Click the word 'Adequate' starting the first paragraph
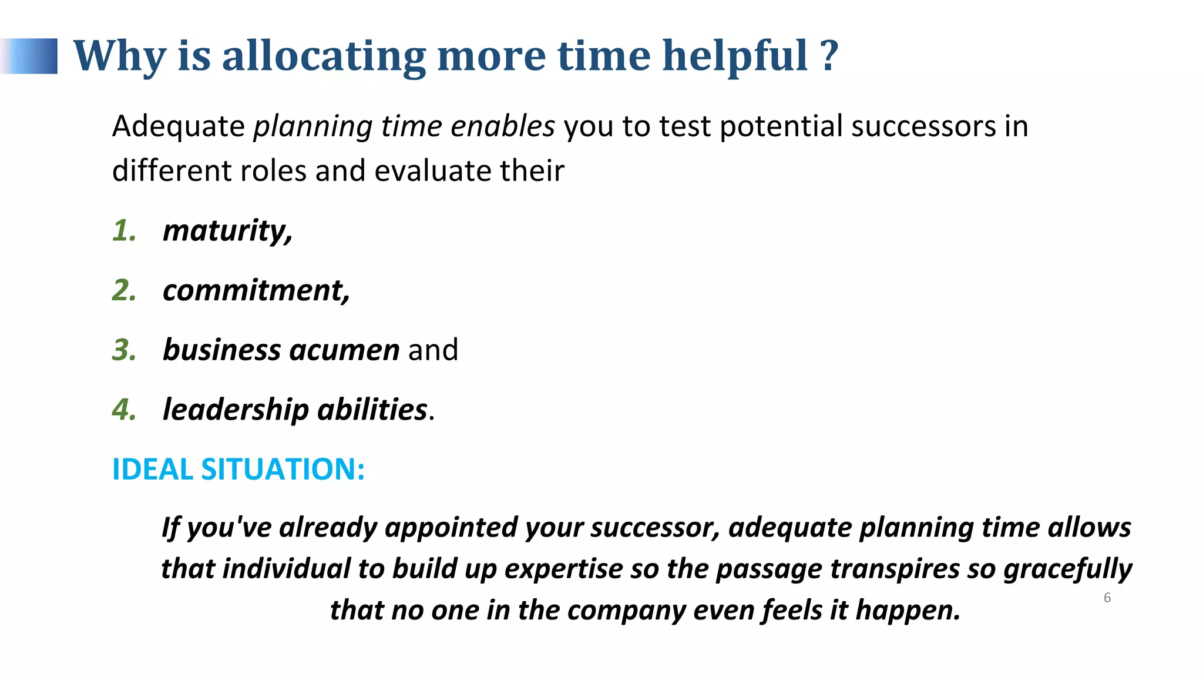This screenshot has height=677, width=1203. (178, 126)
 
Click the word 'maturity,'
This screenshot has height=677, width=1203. (227, 231)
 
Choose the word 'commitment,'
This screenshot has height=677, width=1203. (256, 290)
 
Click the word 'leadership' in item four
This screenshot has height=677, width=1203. (235, 410)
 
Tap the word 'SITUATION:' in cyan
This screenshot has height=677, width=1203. (283, 470)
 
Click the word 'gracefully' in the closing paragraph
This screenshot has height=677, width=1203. (1067, 569)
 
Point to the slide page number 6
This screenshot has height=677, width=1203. (1107, 598)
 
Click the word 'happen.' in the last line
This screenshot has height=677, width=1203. (908, 610)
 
